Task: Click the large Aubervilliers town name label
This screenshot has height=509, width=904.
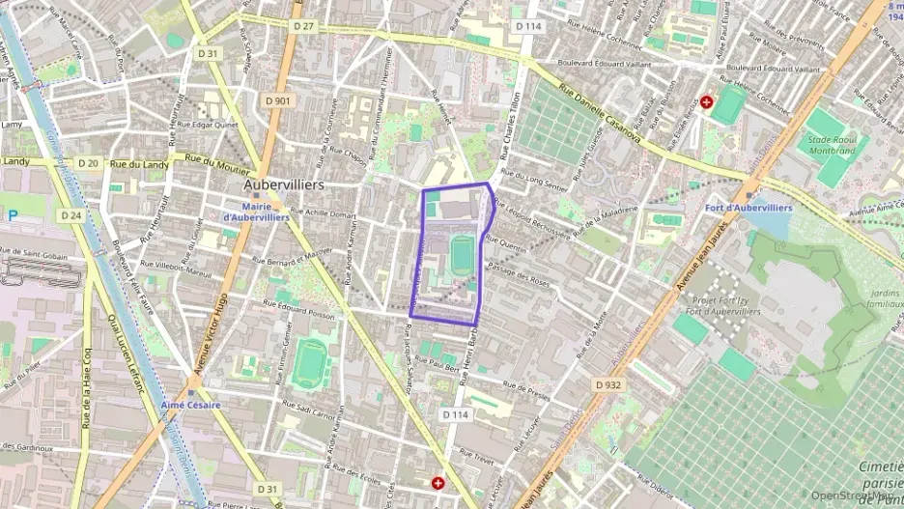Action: click(x=283, y=184)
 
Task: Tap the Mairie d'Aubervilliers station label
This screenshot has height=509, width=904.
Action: click(x=256, y=212)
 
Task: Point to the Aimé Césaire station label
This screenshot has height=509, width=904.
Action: click(x=192, y=404)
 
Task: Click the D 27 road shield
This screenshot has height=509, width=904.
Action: click(x=302, y=26)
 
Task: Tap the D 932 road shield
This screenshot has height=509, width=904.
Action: click(x=607, y=384)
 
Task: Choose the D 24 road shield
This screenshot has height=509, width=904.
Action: click(x=71, y=215)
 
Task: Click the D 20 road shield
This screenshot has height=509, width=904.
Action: click(x=88, y=164)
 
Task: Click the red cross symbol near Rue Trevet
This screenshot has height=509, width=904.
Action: click(x=438, y=481)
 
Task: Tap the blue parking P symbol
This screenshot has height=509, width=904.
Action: click(x=12, y=215)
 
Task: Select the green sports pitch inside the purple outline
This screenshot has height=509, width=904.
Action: click(x=463, y=252)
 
